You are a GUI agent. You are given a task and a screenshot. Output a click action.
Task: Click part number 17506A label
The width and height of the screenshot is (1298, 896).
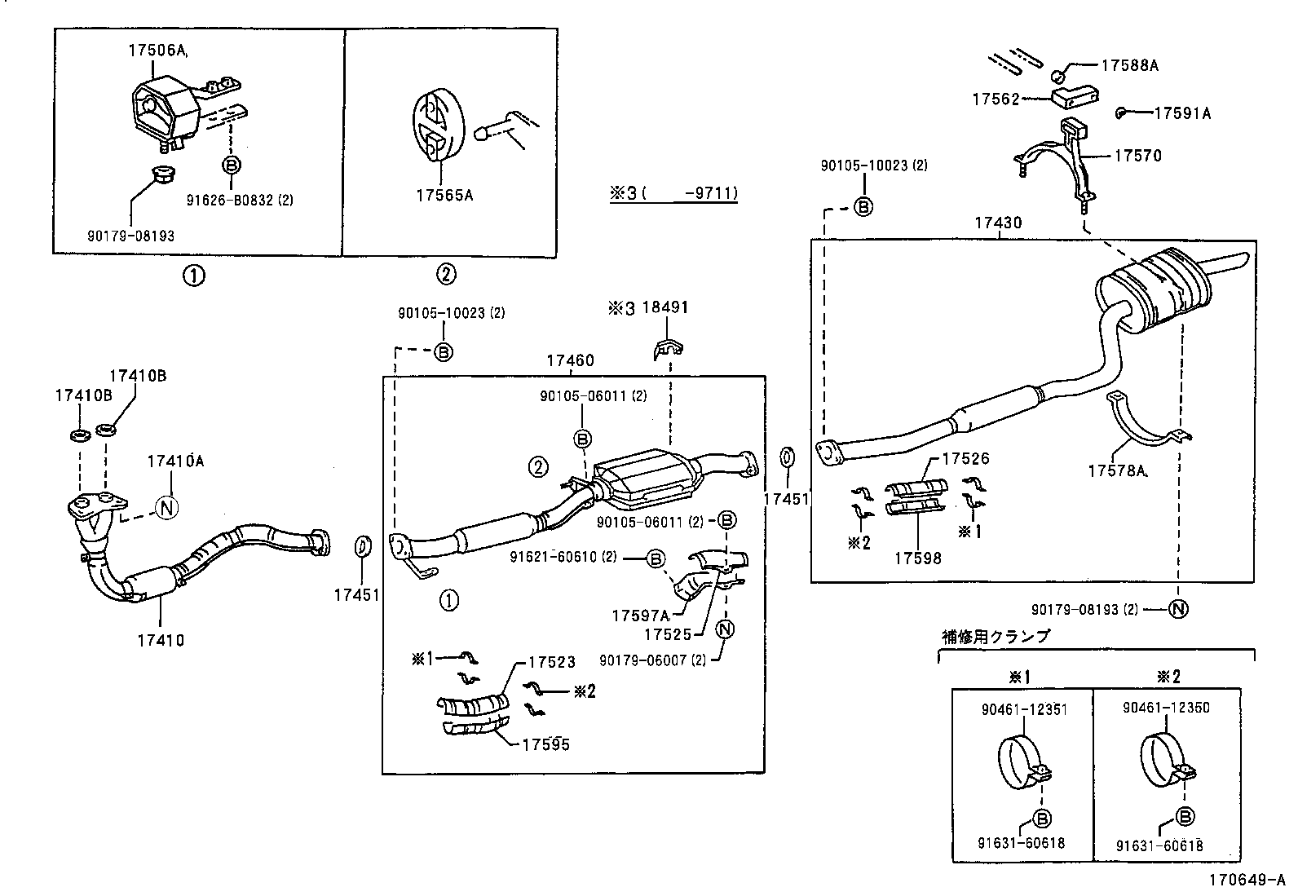click(157, 51)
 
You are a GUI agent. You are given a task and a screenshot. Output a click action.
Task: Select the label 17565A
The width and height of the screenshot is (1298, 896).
click(444, 195)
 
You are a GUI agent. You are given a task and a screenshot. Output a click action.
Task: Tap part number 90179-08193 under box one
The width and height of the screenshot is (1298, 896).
click(130, 236)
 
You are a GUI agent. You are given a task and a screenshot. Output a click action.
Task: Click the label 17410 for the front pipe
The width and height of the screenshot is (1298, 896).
click(161, 640)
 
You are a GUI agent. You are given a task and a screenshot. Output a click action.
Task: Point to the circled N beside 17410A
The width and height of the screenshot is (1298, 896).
click(166, 507)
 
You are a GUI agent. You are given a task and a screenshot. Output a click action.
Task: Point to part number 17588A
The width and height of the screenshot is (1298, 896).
click(1129, 65)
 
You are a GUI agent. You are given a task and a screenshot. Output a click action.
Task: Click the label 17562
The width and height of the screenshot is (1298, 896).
click(996, 99)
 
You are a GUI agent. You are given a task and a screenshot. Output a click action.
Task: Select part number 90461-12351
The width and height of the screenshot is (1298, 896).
click(1024, 708)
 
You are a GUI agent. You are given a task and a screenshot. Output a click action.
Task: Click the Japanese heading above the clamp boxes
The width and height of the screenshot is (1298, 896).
click(996, 637)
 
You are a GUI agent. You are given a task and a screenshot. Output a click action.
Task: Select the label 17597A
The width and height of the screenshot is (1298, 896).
click(640, 616)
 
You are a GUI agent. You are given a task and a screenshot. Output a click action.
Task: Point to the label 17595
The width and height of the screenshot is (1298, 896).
click(545, 744)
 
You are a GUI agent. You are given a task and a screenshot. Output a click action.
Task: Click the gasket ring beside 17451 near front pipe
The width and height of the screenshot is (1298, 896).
click(364, 547)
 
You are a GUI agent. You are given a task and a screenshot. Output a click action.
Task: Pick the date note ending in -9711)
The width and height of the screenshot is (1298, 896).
click(673, 194)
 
